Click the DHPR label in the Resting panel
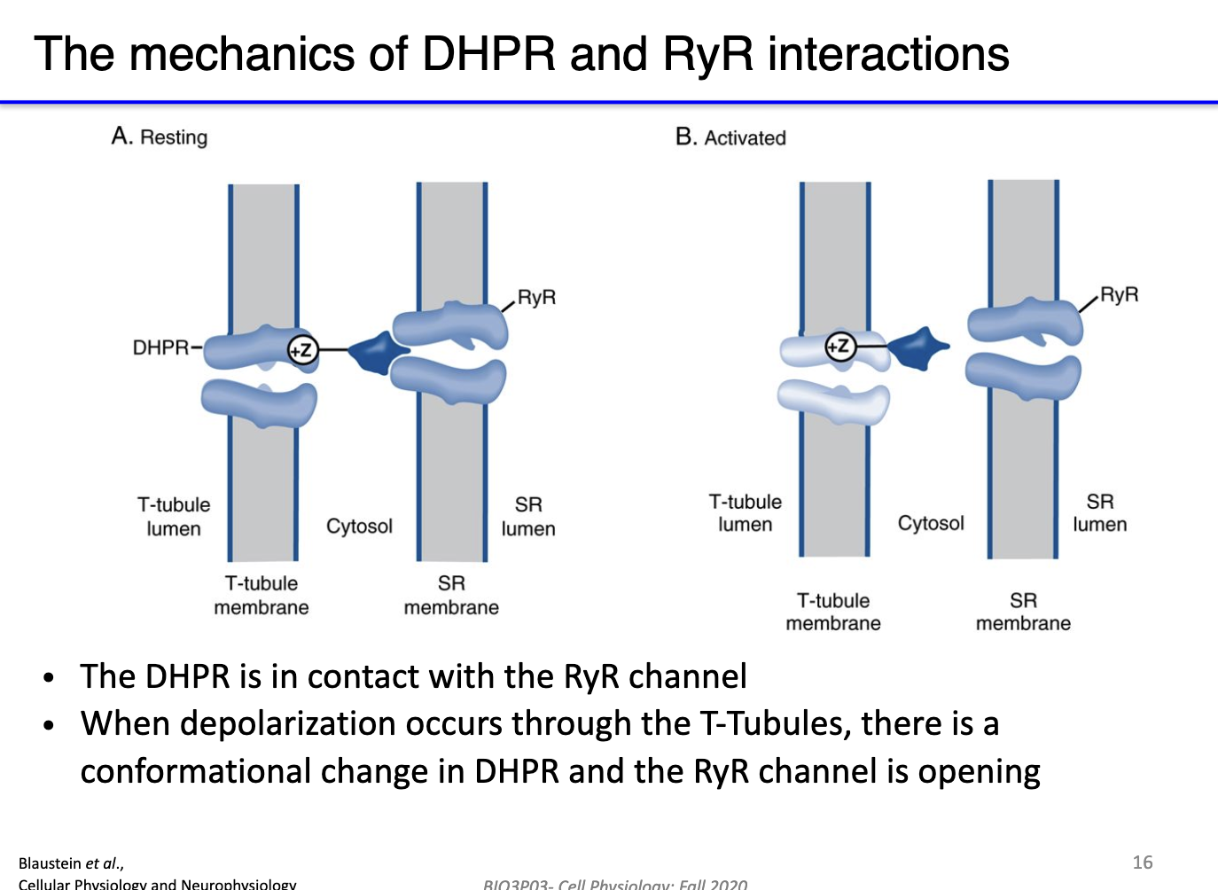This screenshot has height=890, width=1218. pyautogui.click(x=160, y=347)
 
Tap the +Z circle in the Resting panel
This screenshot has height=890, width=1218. pyautogui.click(x=302, y=350)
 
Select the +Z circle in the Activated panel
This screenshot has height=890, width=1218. pyautogui.click(x=839, y=346)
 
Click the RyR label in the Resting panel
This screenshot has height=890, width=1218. pyautogui.click(x=536, y=297)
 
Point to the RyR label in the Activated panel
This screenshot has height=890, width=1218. pyautogui.click(x=1119, y=294)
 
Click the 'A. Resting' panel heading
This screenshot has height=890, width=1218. pyautogui.click(x=160, y=137)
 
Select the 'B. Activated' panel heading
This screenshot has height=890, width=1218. pyautogui.click(x=730, y=137)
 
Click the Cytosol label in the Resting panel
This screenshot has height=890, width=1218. pyautogui.click(x=359, y=526)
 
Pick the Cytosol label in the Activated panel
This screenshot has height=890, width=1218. pyautogui.click(x=931, y=523)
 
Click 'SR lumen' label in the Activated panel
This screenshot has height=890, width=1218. pyautogui.click(x=1099, y=513)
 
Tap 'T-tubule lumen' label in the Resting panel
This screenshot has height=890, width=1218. pyautogui.click(x=174, y=517)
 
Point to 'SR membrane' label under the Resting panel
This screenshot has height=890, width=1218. pyautogui.click(x=451, y=596)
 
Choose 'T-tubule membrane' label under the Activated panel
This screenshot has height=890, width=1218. pyautogui.click(x=833, y=612)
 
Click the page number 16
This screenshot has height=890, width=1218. pyautogui.click(x=1143, y=862)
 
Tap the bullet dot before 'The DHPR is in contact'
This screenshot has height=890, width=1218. pyautogui.click(x=50, y=678)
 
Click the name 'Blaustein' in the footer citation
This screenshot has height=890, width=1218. pyautogui.click(x=49, y=863)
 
